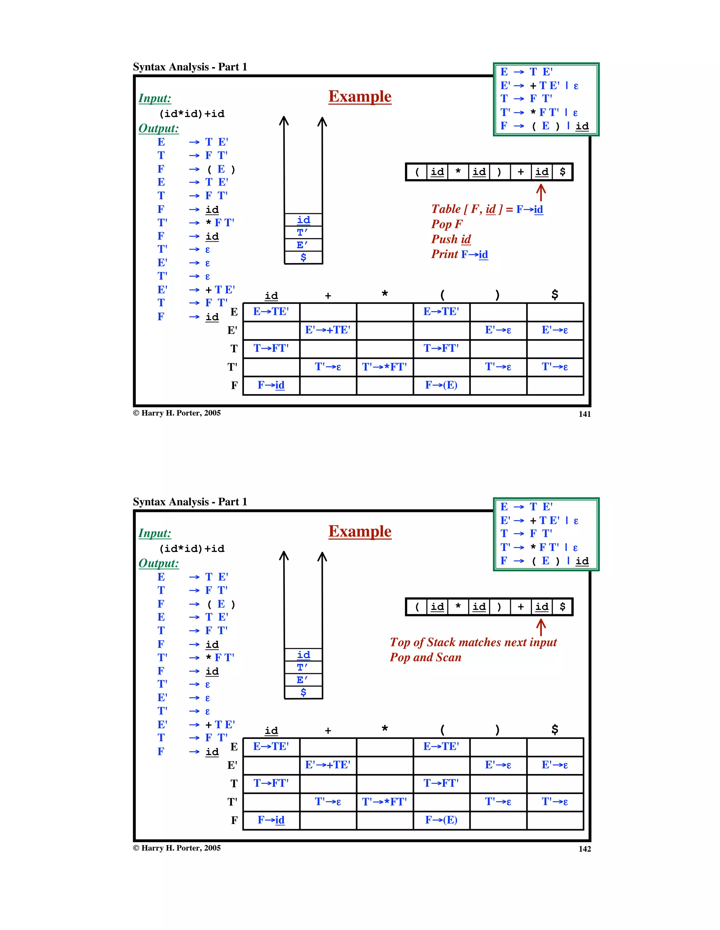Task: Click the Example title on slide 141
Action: (360, 97)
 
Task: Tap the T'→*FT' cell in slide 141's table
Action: (384, 367)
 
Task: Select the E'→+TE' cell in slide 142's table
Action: (328, 765)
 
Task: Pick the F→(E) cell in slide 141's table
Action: (441, 385)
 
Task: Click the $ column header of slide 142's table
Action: (554, 729)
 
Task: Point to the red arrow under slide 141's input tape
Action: (541, 193)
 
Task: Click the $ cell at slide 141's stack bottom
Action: (303, 257)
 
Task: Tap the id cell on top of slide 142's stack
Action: (303, 655)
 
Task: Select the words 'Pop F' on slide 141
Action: (446, 224)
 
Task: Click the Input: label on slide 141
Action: (155, 98)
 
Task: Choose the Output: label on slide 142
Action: (159, 563)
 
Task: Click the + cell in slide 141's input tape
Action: (520, 172)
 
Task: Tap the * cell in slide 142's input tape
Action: (458, 607)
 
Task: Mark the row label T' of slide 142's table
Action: (232, 802)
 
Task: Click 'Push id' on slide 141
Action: (451, 239)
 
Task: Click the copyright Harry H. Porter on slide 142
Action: (177, 848)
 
